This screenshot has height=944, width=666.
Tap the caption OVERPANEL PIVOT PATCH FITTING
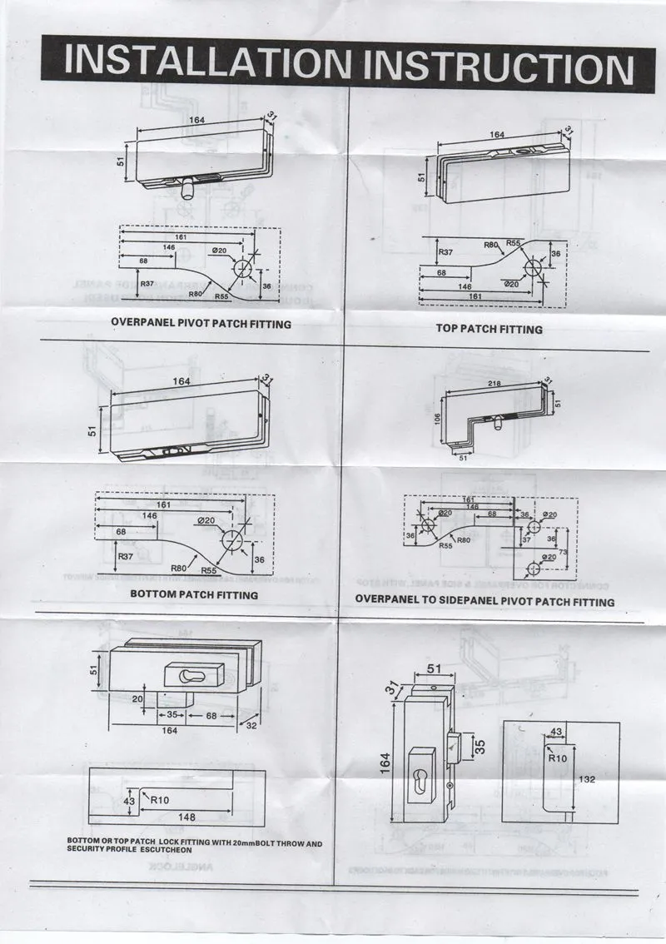pos(201,323)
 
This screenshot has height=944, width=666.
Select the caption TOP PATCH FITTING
pos(489,329)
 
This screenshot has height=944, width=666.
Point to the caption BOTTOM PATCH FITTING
pos(194,594)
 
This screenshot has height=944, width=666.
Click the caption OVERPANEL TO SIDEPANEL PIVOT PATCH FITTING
pos(485,601)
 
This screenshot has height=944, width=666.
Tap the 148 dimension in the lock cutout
pos(187,817)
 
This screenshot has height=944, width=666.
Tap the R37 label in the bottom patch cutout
pos(126,555)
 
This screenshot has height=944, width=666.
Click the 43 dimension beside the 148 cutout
pos(128,801)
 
